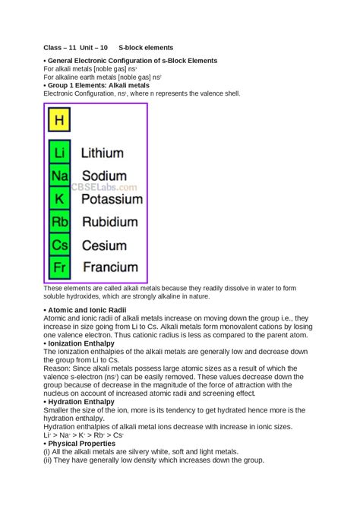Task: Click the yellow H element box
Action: coord(59,120)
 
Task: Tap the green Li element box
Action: coord(59,153)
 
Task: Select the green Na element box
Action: coord(59,175)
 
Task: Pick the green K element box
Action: coord(59,199)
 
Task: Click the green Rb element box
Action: coord(59,222)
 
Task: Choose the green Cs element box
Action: coord(59,245)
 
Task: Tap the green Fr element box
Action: coord(59,267)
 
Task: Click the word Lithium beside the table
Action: coord(107,153)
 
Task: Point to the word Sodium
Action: coord(104,175)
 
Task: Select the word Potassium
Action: coord(112,199)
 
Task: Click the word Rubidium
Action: coord(110,222)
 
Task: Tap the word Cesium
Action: coord(105,245)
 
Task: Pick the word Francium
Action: coord(110,267)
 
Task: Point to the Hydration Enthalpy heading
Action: coord(81,401)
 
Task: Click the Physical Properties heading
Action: coord(81,443)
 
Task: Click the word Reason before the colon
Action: coord(57,368)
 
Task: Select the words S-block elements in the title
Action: coord(146,47)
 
